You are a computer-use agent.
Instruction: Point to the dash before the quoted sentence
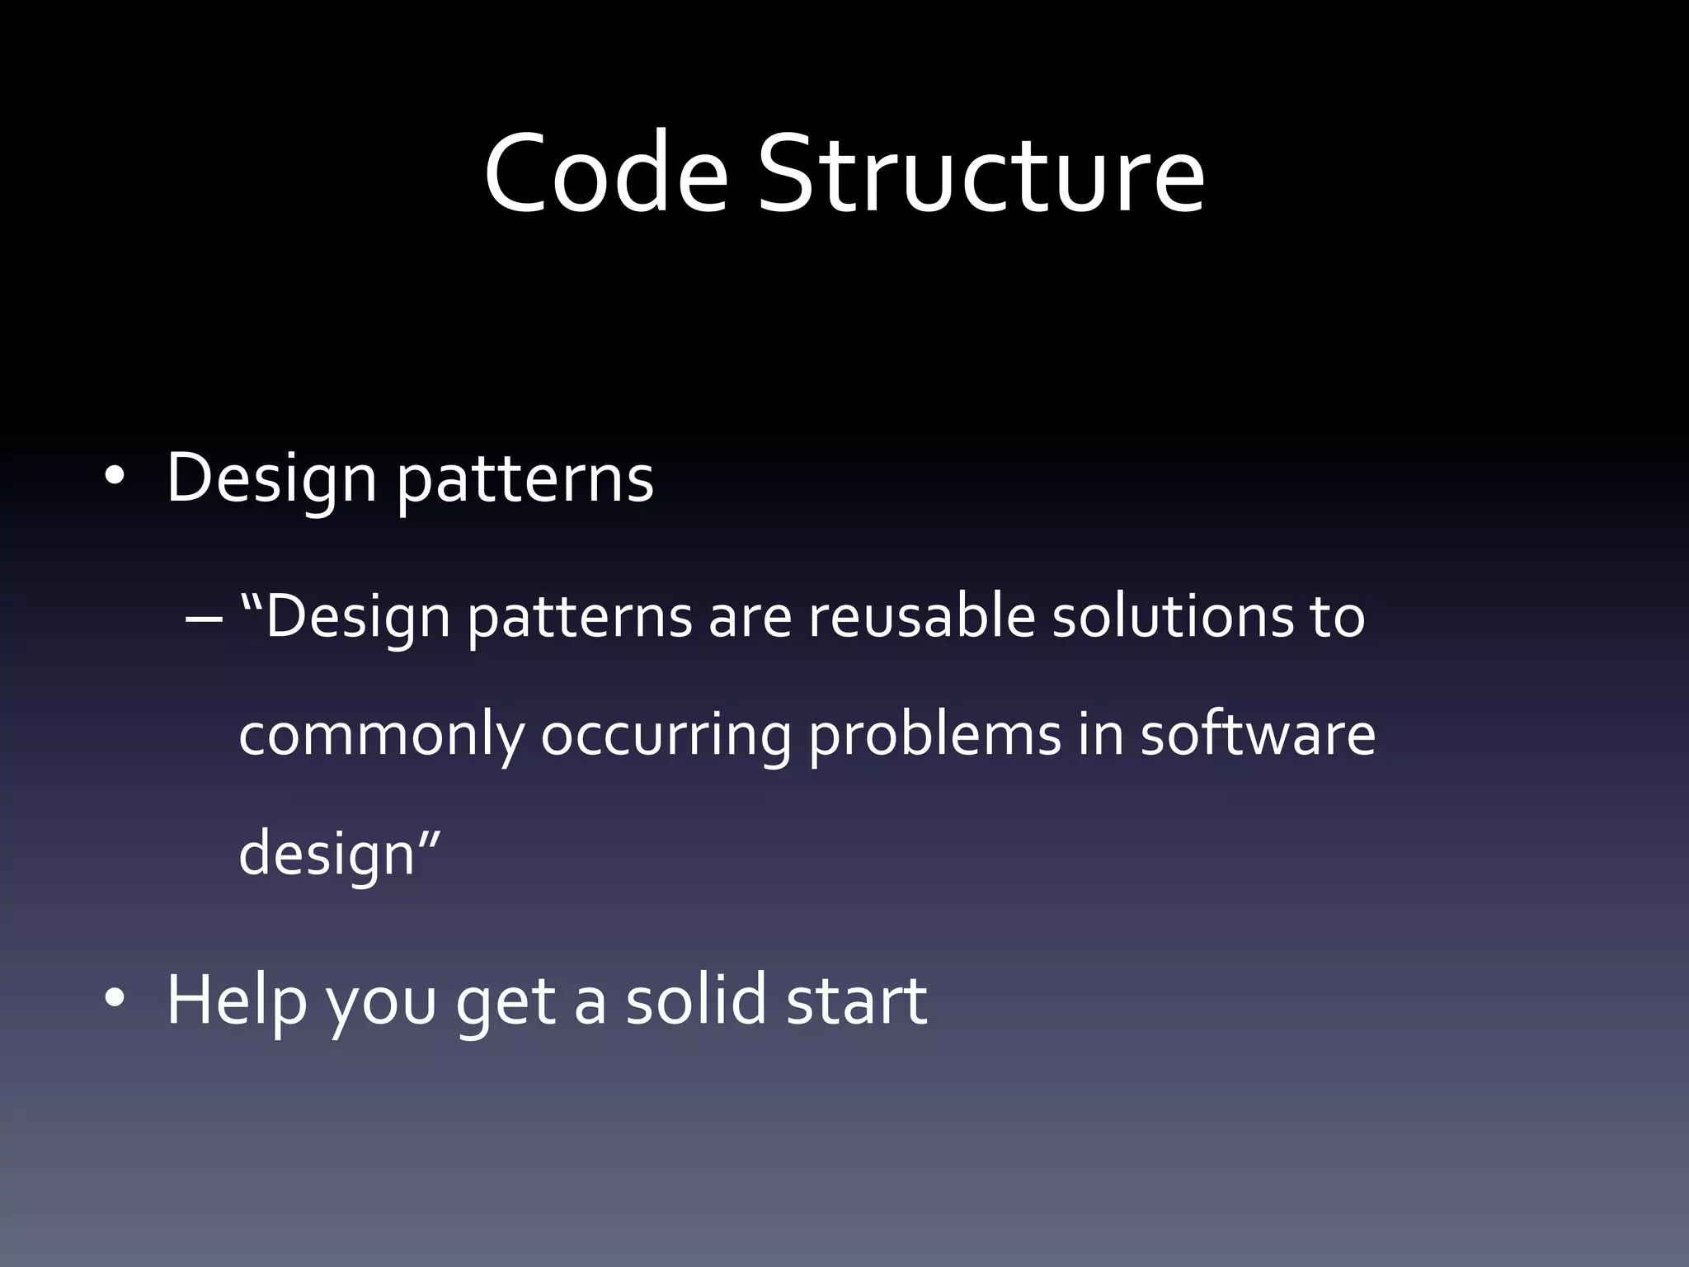coord(205,619)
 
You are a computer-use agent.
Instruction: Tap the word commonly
coord(381,734)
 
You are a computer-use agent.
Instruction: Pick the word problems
coord(934,734)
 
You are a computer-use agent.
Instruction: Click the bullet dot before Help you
coord(114,999)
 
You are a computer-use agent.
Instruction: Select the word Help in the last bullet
coord(237,1001)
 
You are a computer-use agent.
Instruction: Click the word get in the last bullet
coord(506,1002)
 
